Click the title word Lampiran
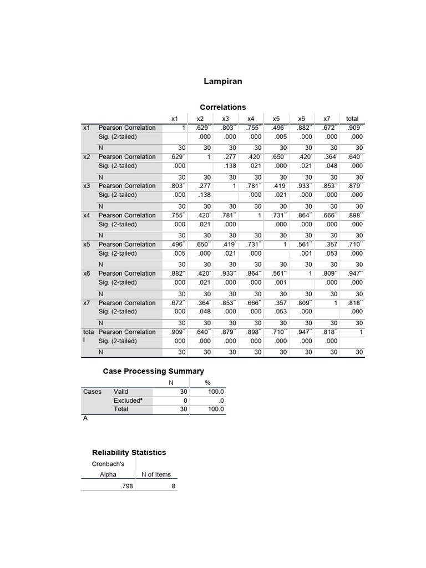click(x=223, y=82)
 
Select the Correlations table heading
click(x=222, y=107)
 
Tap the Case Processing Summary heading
click(x=153, y=371)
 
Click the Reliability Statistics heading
click(x=129, y=452)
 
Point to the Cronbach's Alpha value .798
click(x=126, y=486)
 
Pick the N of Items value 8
click(x=174, y=486)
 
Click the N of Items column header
click(x=156, y=474)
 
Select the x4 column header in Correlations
click(x=251, y=118)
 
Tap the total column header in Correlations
click(x=352, y=118)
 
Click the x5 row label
click(x=87, y=244)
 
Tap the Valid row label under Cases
click(x=121, y=392)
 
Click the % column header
click(x=209, y=382)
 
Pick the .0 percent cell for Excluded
click(x=220, y=400)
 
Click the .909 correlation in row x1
click(x=354, y=128)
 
